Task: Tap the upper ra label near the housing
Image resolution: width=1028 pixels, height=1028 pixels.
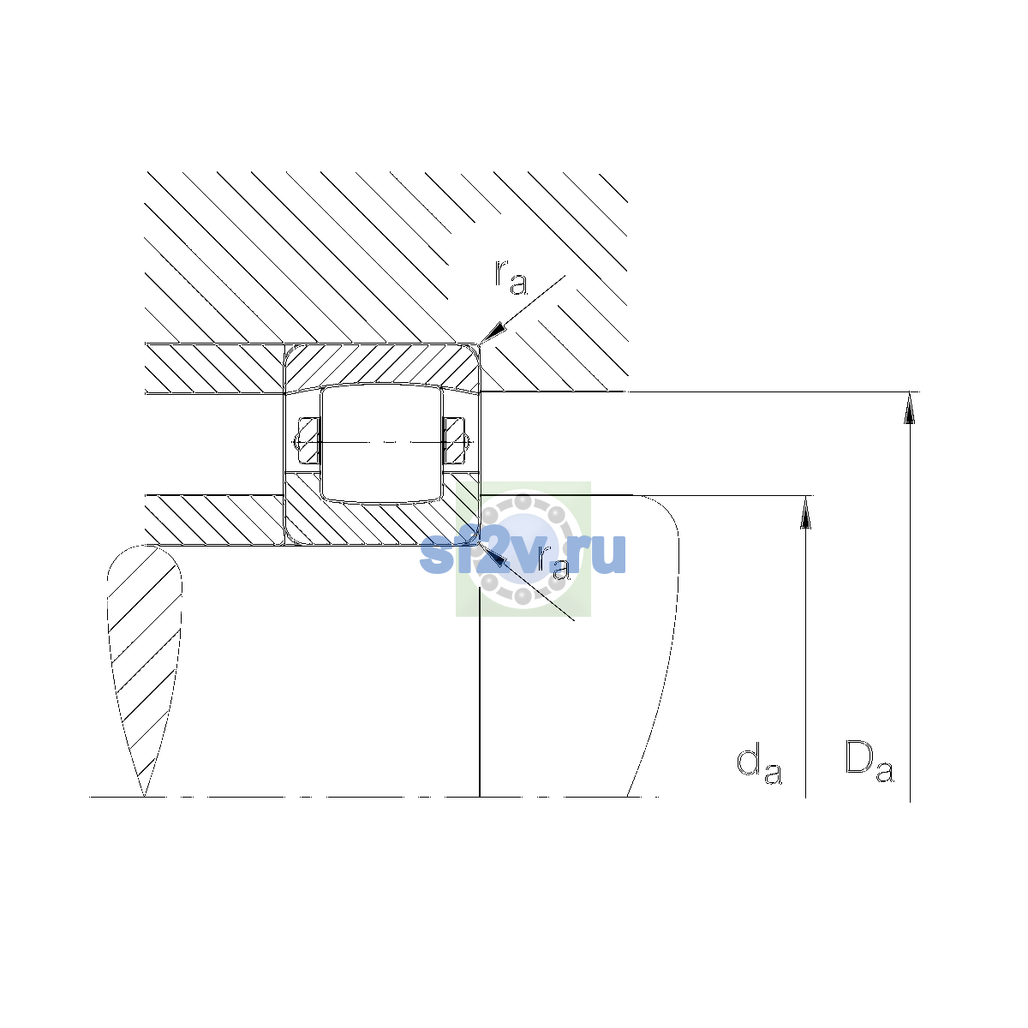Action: tap(511, 278)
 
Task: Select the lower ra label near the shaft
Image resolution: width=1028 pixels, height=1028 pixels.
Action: tap(553, 562)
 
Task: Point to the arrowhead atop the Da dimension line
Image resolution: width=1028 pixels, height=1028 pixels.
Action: tap(910, 408)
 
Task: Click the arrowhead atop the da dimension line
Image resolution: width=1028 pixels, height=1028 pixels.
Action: tap(805, 512)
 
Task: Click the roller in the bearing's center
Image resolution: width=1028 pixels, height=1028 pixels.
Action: tap(381, 443)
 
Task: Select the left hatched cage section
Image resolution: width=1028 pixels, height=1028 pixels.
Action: tap(308, 440)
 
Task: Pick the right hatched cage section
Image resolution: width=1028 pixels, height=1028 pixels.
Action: tap(455, 440)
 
